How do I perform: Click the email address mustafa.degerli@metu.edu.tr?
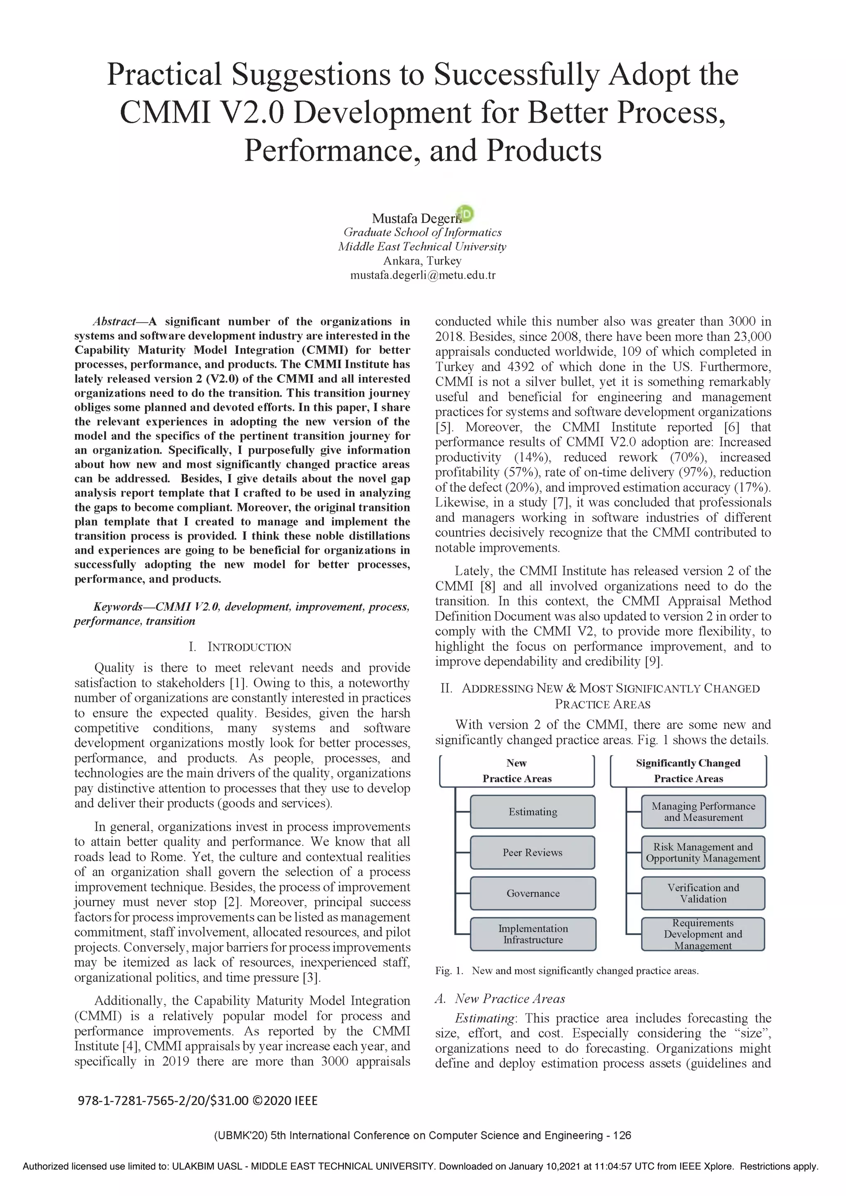coord(422,275)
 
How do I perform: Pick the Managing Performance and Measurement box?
coord(703,812)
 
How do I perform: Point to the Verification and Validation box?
coord(703,893)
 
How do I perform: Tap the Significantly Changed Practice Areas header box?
coord(688,770)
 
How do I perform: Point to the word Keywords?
coord(117,606)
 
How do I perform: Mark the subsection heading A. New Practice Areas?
coord(500,999)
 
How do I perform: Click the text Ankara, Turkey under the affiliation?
coord(422,261)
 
